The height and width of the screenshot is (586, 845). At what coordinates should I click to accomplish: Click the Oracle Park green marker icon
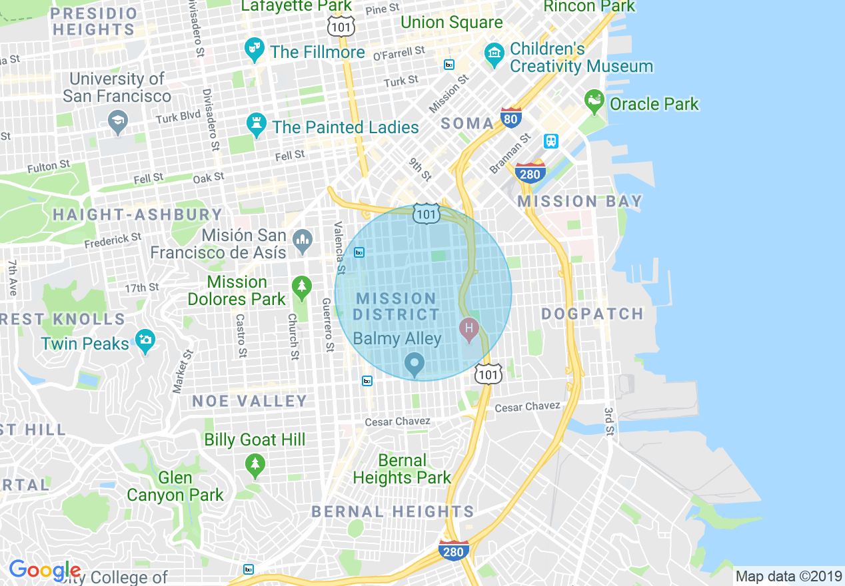point(593,102)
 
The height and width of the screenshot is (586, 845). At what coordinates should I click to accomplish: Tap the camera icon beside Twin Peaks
point(145,340)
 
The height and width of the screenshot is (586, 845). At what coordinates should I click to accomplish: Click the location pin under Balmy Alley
point(415,364)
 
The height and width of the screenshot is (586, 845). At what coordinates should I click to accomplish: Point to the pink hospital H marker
point(469,328)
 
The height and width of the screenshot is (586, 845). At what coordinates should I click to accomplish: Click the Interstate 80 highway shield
point(511,118)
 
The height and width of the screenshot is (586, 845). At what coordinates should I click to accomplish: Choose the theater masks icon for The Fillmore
point(254,50)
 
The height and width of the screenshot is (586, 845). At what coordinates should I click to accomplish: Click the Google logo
point(45,571)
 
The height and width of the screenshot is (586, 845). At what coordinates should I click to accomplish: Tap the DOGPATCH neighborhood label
point(592,314)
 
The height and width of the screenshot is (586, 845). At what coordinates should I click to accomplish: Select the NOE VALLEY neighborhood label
point(249,401)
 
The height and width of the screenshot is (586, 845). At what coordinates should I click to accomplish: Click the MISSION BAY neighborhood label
point(580,201)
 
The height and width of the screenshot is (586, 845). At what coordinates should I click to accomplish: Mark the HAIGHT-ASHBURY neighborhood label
point(137,214)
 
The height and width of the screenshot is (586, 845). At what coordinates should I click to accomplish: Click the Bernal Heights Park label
point(402,469)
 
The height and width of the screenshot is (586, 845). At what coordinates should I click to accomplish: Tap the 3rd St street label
point(608,422)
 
